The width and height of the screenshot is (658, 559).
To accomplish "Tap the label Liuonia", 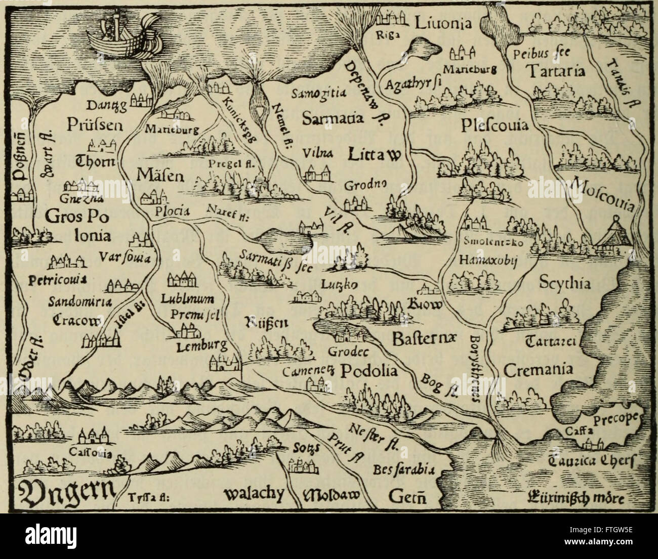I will click(x=443, y=22).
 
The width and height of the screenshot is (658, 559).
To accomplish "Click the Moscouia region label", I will click(x=602, y=197).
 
